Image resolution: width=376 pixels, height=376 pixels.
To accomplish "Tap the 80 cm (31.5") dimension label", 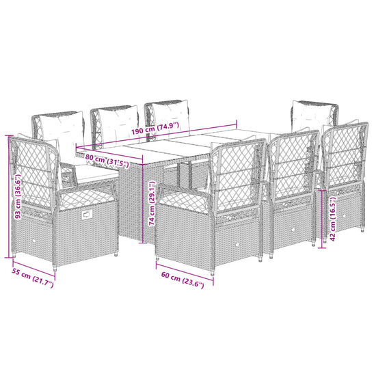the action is [107, 161].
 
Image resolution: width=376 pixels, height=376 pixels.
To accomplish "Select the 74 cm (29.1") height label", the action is [152, 203].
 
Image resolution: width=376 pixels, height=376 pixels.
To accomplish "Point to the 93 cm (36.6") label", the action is [18, 197].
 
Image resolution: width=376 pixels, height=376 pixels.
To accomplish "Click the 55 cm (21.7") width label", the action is [33, 278].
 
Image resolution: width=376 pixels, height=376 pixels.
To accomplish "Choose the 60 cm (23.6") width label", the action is [183, 280].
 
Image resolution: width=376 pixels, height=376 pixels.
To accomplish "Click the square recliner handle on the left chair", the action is [87, 214].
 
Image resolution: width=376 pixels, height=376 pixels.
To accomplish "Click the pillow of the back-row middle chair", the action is [118, 125].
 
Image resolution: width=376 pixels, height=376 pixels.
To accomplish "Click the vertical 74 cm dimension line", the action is [143, 199].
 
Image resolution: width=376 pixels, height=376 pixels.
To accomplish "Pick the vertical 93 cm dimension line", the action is [10, 197].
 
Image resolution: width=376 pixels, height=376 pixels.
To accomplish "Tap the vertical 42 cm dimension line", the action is [322, 219].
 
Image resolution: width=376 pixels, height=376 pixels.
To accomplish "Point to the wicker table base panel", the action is [131, 204].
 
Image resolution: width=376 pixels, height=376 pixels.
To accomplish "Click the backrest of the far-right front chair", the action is [345, 159].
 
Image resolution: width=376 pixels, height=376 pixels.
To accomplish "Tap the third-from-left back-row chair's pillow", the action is [170, 117].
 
